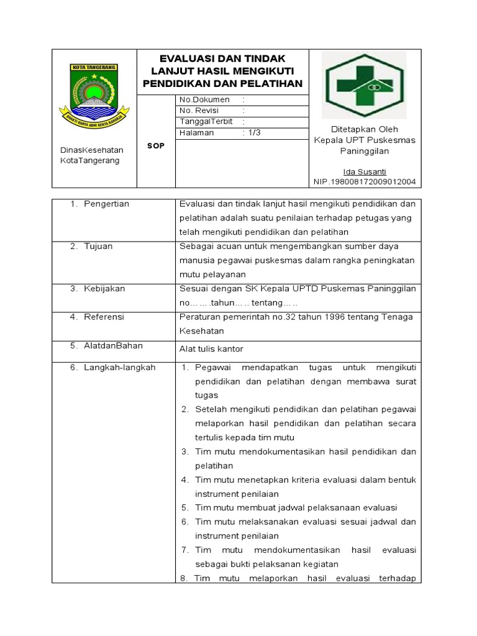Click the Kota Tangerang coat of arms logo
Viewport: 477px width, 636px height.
click(x=94, y=93)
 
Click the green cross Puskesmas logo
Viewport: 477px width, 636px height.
click(x=365, y=85)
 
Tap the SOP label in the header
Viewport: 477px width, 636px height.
click(x=156, y=145)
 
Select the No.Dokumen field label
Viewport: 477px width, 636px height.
click(x=204, y=99)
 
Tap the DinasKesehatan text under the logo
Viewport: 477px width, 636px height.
click(x=91, y=150)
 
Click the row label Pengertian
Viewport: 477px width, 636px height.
click(x=107, y=204)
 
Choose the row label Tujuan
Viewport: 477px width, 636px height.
click(x=99, y=247)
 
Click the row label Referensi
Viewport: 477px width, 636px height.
click(x=104, y=317)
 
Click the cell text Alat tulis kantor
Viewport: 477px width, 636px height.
click(x=211, y=348)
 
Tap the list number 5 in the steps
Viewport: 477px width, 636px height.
click(x=184, y=507)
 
